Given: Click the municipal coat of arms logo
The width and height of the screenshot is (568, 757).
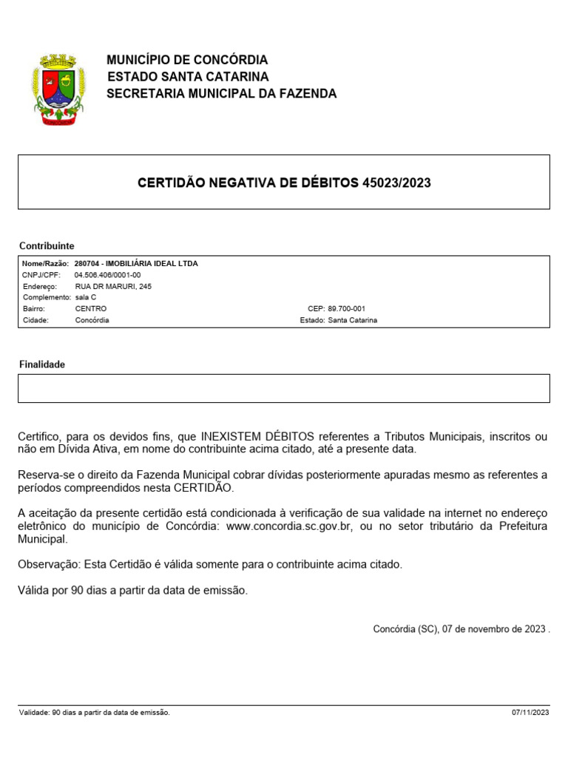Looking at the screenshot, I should pos(59,89).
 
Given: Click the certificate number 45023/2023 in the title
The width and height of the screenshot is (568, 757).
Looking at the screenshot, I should pos(396,183).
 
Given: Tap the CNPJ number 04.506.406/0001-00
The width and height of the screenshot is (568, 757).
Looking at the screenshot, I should pos(107,275).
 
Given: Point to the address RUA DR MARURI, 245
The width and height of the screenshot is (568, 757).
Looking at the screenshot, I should pos(113,286).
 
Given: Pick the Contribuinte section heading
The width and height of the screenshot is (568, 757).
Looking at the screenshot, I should pos(46,246).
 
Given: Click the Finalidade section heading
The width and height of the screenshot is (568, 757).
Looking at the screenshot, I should pos(41,365).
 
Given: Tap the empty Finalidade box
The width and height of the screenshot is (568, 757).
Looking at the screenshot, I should pos(283,388).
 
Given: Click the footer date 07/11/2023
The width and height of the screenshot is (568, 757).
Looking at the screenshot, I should pos(530,713).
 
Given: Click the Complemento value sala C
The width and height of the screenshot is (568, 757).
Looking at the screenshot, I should pos(86,297).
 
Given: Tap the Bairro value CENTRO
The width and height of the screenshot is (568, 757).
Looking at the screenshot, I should pos(91,308).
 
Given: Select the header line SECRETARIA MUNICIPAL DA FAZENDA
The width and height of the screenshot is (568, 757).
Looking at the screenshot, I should pos(222,94).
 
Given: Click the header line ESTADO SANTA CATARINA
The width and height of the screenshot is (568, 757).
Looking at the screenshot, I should pos(188,77).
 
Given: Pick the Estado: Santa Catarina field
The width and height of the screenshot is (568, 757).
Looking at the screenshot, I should pos(339,320).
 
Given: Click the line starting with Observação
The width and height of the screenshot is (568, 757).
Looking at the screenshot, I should pos(210,565).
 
